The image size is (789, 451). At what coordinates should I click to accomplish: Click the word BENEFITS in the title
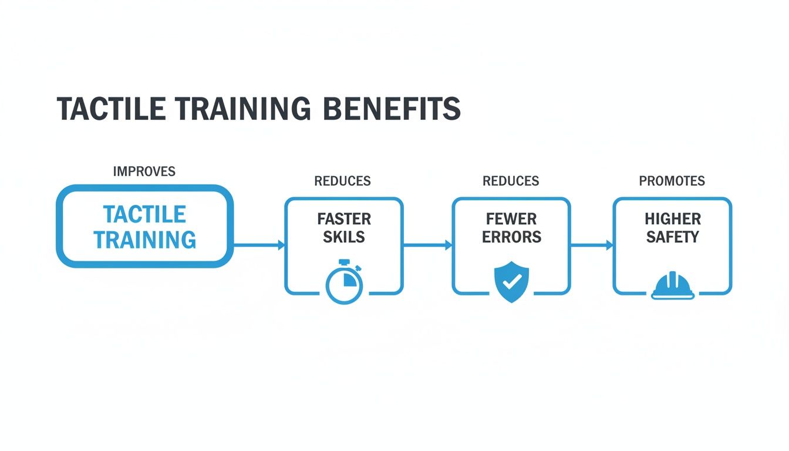coord(392,109)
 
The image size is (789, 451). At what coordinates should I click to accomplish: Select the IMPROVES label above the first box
coord(144,171)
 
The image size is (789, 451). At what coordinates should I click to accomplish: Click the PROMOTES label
coord(672,181)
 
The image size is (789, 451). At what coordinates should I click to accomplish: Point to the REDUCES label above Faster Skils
coord(342,181)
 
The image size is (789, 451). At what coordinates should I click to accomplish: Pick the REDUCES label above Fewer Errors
coord(511,181)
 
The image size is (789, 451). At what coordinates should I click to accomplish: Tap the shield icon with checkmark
coord(511,282)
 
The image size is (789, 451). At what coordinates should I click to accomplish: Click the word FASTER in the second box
coord(344,219)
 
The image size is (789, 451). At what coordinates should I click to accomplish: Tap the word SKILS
coord(344,237)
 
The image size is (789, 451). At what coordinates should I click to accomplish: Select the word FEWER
coord(511,219)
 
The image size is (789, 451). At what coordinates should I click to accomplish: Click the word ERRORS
coord(511,237)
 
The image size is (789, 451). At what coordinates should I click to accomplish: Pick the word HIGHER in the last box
coord(673,219)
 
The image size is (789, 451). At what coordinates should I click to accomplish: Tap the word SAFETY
coord(673,237)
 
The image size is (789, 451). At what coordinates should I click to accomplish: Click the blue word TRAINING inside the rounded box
coord(144,240)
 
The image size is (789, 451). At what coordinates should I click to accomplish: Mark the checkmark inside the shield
coord(511,281)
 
